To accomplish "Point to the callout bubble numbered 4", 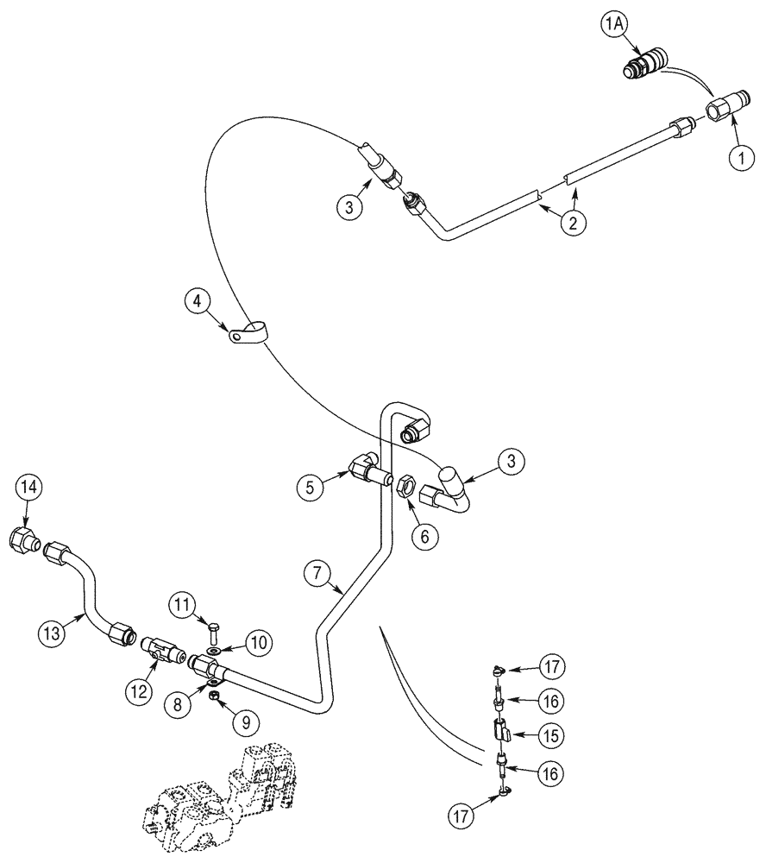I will (x=198, y=302).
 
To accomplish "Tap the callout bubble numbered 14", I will (x=27, y=487).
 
